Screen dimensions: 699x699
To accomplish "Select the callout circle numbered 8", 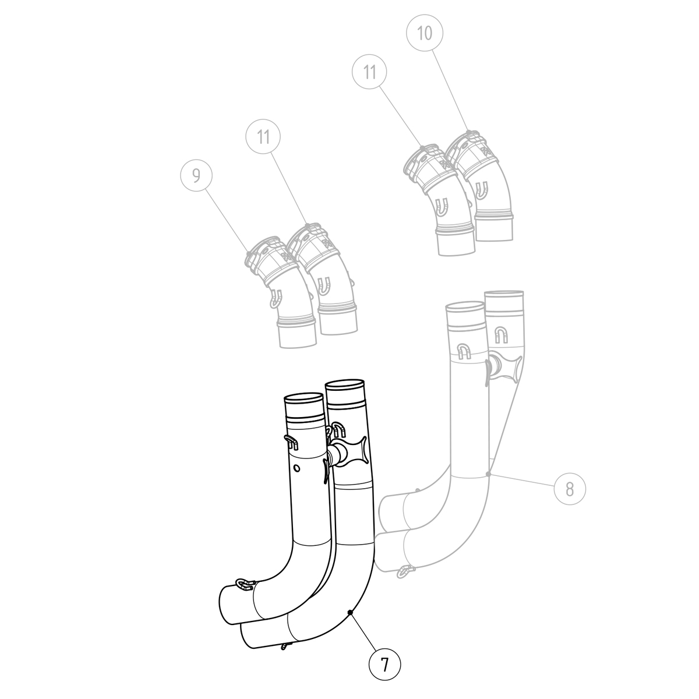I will pos(569,488).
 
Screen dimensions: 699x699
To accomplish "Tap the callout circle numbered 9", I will pos(196,175).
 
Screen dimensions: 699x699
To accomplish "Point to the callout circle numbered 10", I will pos(425,33).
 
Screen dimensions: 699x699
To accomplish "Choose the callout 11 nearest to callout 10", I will pos(369,72).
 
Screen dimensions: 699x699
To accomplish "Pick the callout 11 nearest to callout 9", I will pos(263,137).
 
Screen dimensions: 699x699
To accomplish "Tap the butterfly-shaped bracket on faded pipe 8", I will pos(504,366).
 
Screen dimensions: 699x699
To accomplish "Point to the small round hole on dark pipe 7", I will pos(297,468).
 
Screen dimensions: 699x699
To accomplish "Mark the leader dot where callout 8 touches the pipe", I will pos(490,475).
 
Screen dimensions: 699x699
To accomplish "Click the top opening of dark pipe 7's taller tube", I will pos(345,385).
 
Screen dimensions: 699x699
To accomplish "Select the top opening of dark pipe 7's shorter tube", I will pos(303,399).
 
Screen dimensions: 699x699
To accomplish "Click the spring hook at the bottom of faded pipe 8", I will pos(404,573).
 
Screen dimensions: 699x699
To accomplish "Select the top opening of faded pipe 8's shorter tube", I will pos(464,307).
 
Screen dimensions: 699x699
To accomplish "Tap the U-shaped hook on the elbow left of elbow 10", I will pos(443,205).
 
